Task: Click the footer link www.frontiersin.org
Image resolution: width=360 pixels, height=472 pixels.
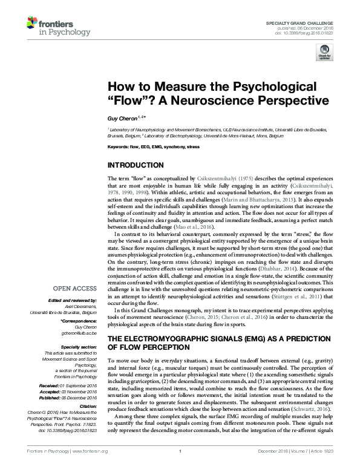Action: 90,468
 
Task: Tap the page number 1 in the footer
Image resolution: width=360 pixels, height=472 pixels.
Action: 180,468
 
